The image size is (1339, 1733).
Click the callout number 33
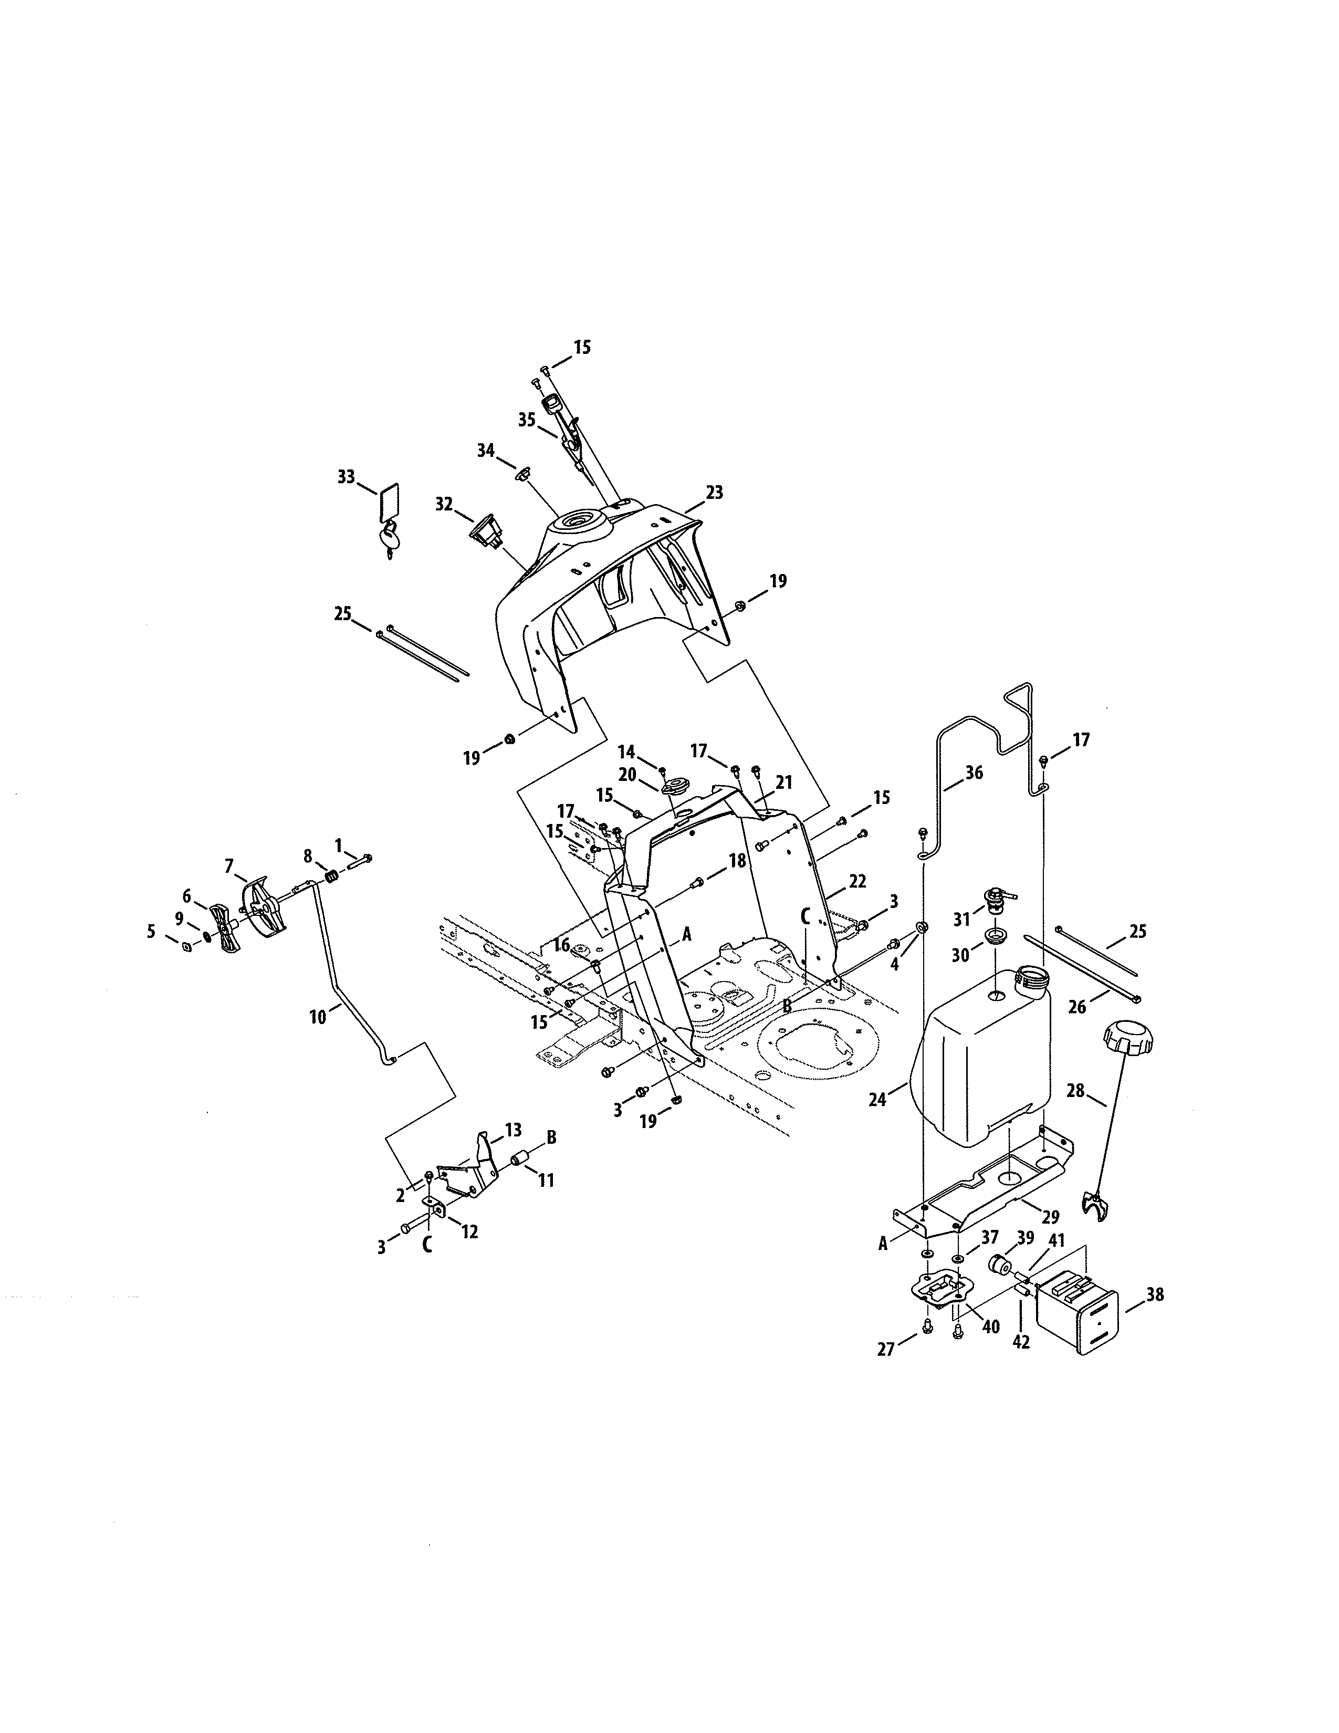(x=346, y=477)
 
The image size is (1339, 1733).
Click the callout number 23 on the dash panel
(x=714, y=492)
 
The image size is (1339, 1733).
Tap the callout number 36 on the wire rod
(x=974, y=772)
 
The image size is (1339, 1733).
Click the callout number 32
(x=443, y=504)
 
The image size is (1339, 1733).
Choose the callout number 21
(x=784, y=782)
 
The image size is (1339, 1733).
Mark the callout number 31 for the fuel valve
(x=962, y=920)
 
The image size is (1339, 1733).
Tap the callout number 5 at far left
(x=151, y=932)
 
